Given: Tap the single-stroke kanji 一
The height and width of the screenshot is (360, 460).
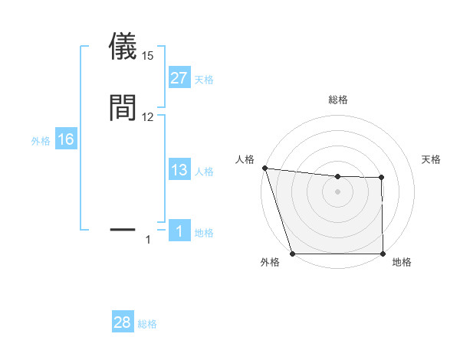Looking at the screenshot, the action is point(123,228).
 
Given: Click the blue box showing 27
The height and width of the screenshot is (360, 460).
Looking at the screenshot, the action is point(179,78).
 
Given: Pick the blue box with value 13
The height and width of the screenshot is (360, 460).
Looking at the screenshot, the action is point(179,171).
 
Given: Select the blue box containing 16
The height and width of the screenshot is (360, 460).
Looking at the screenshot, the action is point(66,139).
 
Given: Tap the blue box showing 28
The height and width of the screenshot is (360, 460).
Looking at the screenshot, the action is point(122,322).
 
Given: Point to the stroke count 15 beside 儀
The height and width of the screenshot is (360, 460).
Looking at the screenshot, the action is point(147,56).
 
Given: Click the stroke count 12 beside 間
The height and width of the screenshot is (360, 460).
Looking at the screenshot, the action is point(147,117).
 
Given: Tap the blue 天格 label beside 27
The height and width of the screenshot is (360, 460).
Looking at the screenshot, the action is point(204,80).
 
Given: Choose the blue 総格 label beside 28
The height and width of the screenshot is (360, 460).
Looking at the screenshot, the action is point(147,324).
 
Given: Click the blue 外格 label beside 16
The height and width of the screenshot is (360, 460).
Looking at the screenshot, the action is point(40,141).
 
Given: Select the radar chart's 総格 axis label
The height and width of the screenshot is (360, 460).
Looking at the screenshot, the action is point(337,100).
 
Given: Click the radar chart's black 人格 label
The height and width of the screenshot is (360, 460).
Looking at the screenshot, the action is point(245,159).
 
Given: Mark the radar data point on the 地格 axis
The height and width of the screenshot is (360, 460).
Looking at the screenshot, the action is point(383,254).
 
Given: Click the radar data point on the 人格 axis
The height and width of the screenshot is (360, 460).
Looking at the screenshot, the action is point(264,168).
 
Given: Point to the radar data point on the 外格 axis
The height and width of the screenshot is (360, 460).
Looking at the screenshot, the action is point(292,254).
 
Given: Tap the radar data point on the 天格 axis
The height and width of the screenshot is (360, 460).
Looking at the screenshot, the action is point(381,178).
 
